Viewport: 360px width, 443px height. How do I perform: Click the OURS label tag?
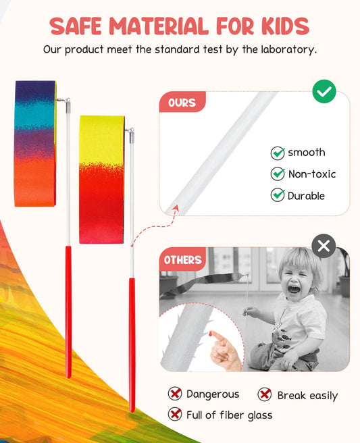click(182, 103)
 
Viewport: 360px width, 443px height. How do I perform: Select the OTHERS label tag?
click(182, 259)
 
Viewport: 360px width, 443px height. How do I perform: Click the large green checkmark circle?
click(324, 91)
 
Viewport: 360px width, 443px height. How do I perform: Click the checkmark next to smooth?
click(278, 153)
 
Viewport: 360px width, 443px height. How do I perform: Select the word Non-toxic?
click(311, 174)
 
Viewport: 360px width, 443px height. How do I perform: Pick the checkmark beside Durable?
click(278, 195)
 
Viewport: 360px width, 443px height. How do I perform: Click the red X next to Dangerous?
click(175, 394)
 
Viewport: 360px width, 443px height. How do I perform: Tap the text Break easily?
click(307, 395)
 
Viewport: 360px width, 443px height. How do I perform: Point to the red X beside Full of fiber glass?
click(175, 414)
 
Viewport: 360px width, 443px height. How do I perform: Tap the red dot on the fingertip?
click(211, 334)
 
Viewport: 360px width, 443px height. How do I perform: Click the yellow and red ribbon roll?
click(101, 179)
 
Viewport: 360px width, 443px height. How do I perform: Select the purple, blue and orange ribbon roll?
click(35, 143)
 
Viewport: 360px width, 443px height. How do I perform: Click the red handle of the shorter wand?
click(68, 311)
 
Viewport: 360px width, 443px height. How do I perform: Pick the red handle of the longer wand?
click(132, 344)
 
